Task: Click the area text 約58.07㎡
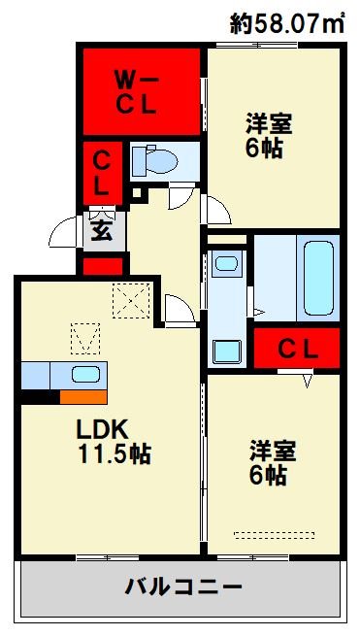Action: (x=288, y=23)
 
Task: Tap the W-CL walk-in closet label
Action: (x=138, y=92)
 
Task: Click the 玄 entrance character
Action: (x=102, y=231)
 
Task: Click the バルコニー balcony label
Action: (x=183, y=586)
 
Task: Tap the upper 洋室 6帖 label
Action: (x=268, y=137)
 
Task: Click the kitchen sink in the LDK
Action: (x=84, y=375)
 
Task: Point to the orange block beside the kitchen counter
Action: (x=82, y=396)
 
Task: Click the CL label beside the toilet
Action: (x=101, y=171)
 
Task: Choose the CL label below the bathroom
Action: (x=298, y=348)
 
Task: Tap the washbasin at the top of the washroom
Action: (x=226, y=263)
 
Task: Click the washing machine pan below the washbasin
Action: (x=226, y=351)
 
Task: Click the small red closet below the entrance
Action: (x=102, y=264)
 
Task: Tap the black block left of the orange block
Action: (x=40, y=396)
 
